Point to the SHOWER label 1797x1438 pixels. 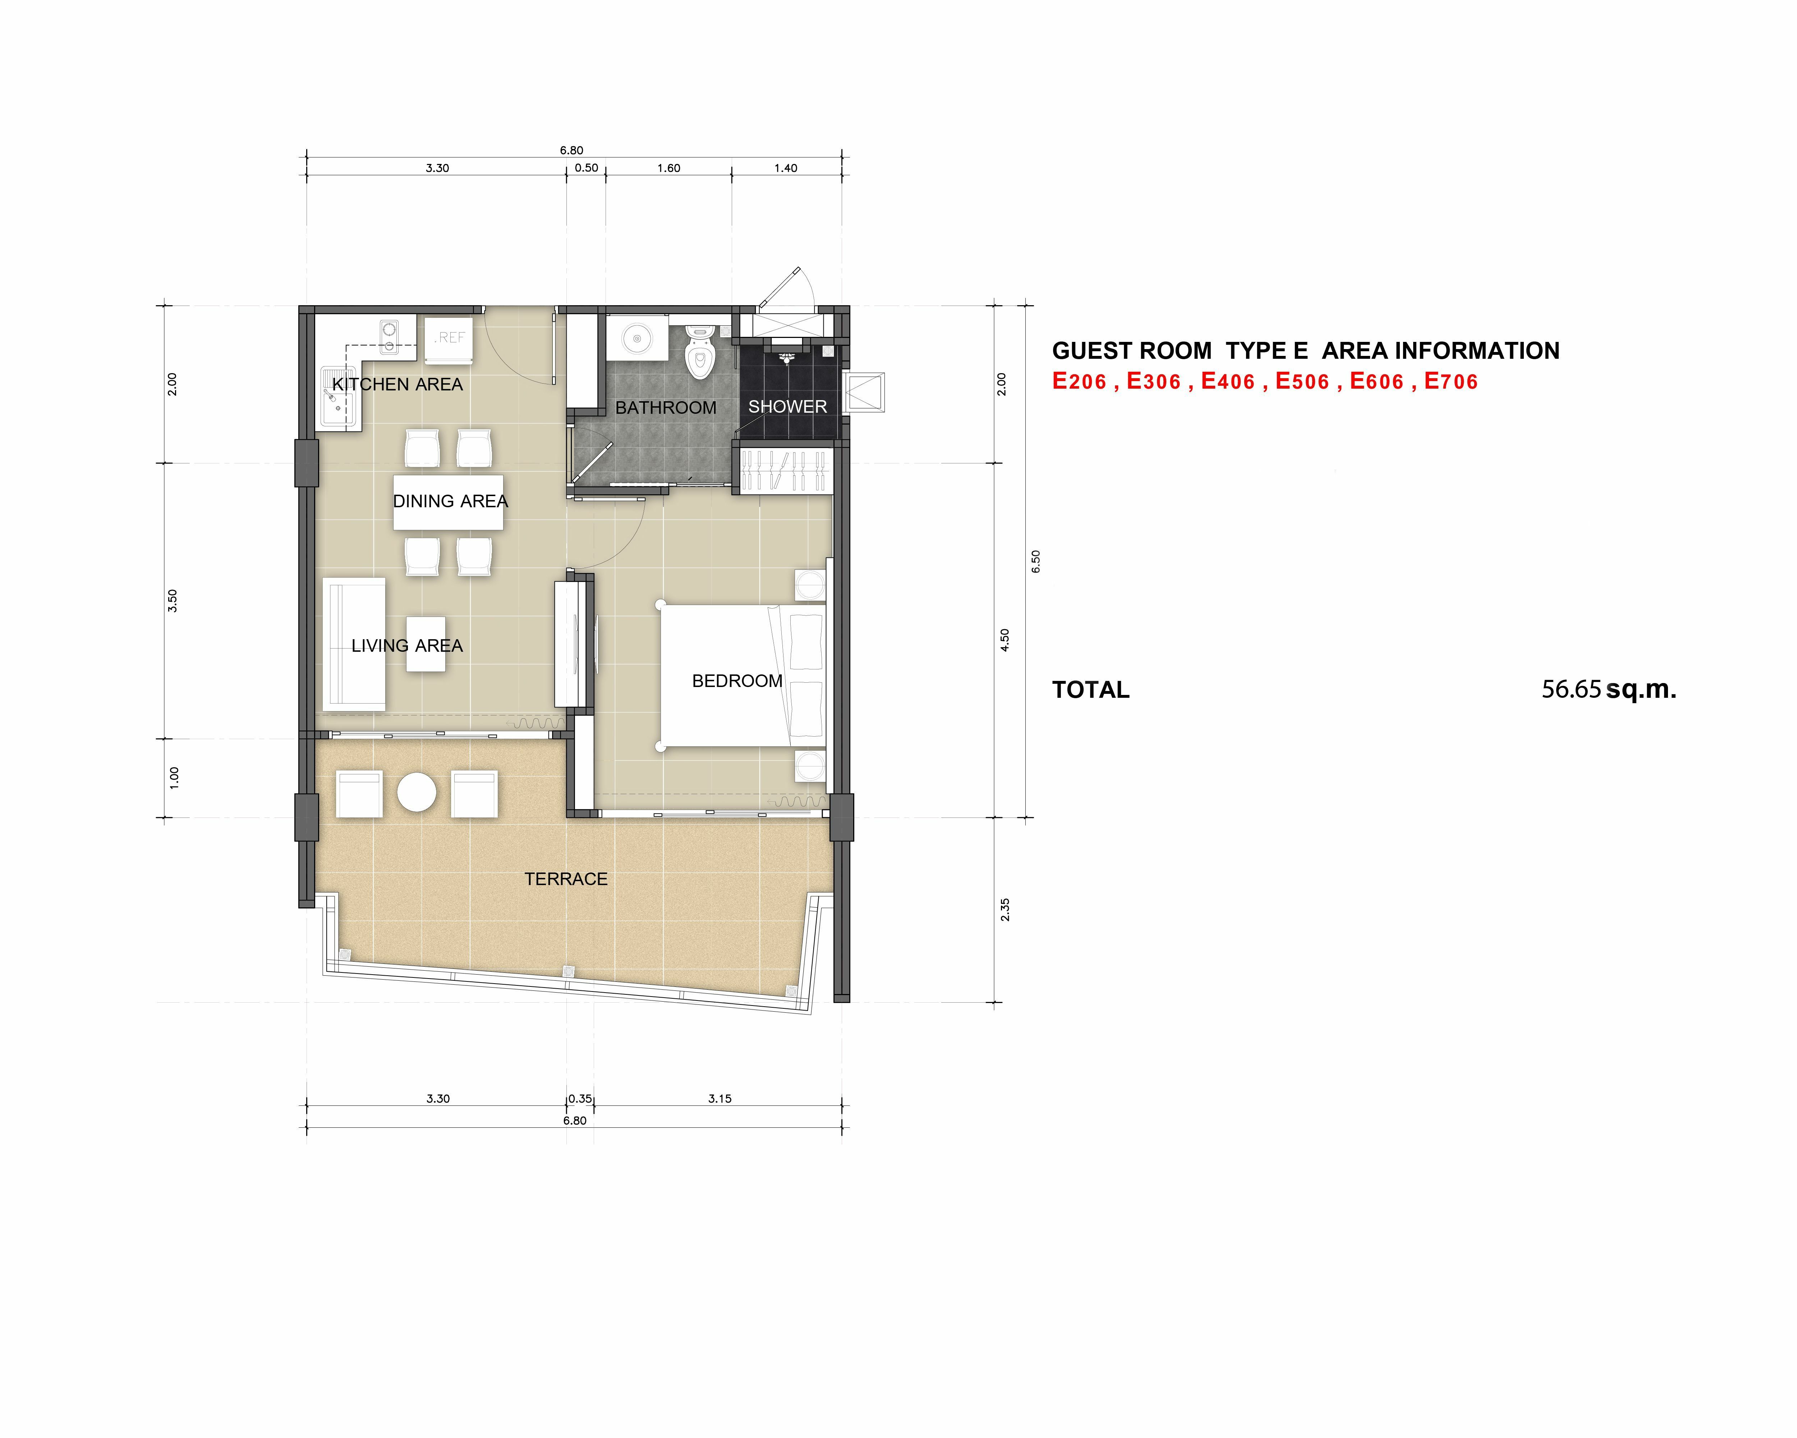click(x=788, y=407)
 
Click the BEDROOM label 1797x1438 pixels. click(x=737, y=681)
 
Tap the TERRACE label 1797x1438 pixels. click(x=566, y=879)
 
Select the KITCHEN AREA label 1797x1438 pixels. click(x=397, y=384)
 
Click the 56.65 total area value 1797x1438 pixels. click(x=1571, y=690)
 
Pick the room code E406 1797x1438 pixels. click(x=1228, y=382)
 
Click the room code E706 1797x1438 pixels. click(x=1451, y=382)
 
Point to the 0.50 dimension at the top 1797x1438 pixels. click(x=587, y=168)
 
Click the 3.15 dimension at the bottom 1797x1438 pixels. click(x=720, y=1099)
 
